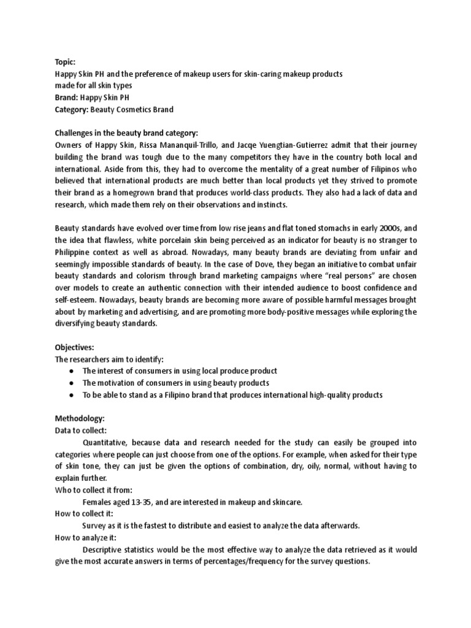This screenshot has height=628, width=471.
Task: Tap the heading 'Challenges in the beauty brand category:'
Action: coord(127,132)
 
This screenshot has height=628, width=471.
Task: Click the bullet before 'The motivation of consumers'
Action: coord(72,383)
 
